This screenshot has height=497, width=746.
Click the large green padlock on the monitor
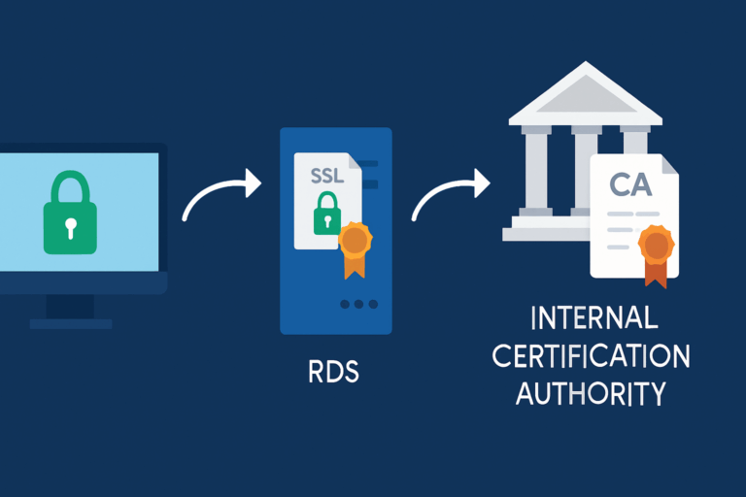pos(70,218)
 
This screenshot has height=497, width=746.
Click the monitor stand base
pos(70,323)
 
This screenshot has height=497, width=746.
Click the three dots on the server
pos(358,304)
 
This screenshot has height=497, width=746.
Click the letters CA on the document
pos(630,183)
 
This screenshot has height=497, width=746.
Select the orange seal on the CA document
pos(657,249)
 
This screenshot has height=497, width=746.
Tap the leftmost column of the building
pos(536,171)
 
